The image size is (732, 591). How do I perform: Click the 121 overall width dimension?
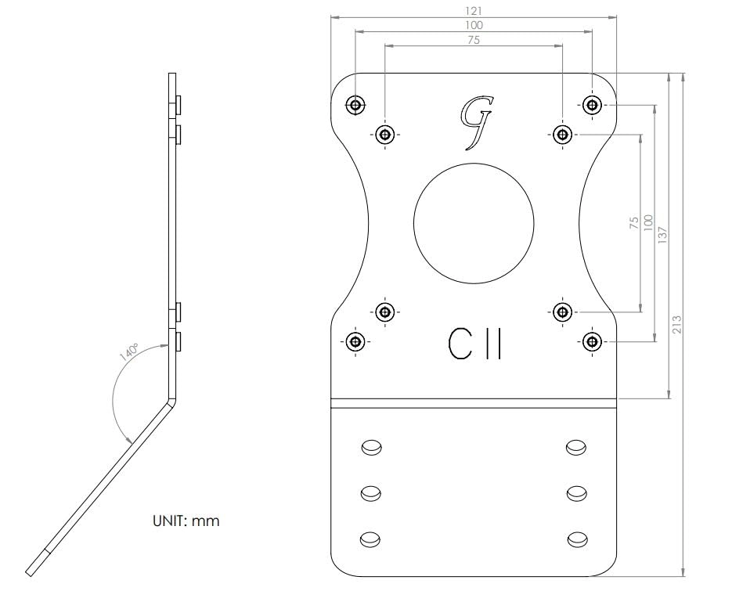pos(474,11)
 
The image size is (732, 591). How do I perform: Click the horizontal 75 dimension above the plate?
pos(474,40)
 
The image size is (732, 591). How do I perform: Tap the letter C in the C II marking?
pos(459,343)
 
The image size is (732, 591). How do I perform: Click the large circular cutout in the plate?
pos(474,223)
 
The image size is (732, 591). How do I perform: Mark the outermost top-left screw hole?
pos(355,104)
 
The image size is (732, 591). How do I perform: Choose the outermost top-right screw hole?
pos(592,104)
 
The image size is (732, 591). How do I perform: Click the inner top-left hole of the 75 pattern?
pos(384,134)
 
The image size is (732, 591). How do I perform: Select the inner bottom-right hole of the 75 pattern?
pos(562,312)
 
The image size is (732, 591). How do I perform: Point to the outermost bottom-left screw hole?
pos(355,341)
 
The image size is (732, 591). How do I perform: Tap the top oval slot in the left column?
pos(370,447)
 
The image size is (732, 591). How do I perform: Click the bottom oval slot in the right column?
pos(577,539)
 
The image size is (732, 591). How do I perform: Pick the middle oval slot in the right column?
pos(577,492)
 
